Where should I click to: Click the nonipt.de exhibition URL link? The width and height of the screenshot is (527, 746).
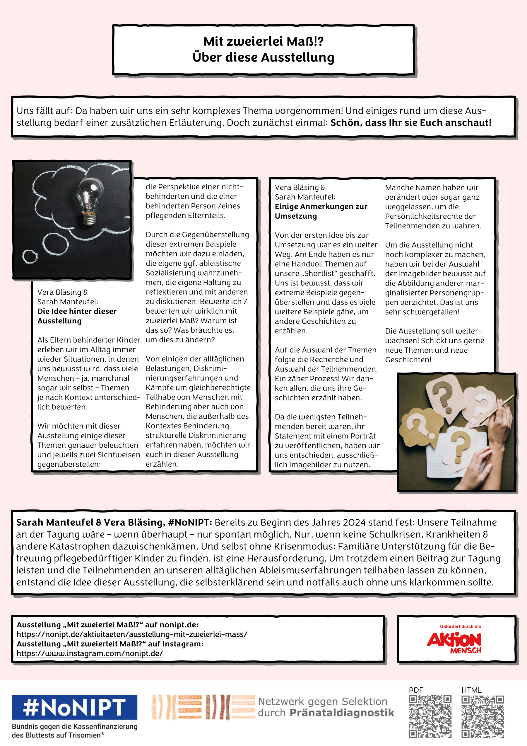pyautogui.click(x=132, y=634)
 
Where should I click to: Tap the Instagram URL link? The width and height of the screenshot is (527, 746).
pyautogui.click(x=90, y=653)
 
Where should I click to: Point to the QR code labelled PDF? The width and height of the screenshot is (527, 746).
pyautogui.click(x=430, y=716)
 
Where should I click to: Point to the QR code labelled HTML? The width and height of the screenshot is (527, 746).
pyautogui.click(x=483, y=716)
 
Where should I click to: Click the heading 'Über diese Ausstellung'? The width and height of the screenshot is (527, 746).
pyautogui.click(x=263, y=57)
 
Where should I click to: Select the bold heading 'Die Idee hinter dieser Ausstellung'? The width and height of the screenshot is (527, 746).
pyautogui.click(x=77, y=316)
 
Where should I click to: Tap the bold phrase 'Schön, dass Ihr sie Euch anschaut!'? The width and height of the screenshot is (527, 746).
pyautogui.click(x=411, y=123)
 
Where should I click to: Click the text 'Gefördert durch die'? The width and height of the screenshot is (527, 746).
pyautogui.click(x=460, y=626)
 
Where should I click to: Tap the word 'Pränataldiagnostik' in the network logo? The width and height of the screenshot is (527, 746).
pyautogui.click(x=342, y=713)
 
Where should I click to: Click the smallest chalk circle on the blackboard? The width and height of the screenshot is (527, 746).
pyautogui.click(x=30, y=256)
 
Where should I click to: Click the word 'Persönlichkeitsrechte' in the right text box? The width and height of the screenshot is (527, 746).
pyautogui.click(x=430, y=216)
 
